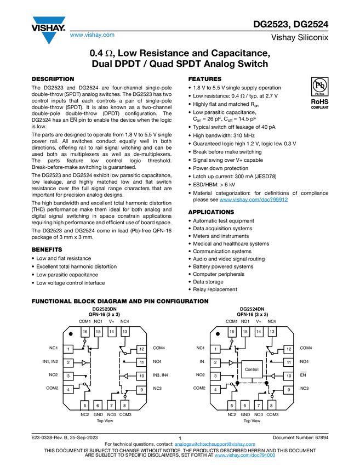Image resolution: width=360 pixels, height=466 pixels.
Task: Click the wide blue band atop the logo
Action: point(49,20)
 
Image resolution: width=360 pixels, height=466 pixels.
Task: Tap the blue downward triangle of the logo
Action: point(49,37)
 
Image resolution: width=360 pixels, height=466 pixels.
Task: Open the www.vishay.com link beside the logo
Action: point(92,35)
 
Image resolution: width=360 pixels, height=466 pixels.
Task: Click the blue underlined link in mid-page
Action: point(254,200)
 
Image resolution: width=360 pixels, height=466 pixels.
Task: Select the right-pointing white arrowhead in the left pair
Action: point(84,363)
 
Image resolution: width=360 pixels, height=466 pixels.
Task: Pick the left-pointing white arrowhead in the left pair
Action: point(125,376)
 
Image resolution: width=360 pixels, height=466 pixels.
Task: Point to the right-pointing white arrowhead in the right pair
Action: point(231,363)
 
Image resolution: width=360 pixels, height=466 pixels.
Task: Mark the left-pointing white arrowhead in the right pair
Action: point(272,376)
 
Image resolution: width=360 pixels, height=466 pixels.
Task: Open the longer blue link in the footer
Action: point(215,444)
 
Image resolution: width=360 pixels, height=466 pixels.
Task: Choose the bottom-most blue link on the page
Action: point(244,456)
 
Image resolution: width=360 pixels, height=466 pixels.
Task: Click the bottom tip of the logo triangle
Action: point(49,45)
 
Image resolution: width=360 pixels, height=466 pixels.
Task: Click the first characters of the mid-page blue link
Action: point(222,200)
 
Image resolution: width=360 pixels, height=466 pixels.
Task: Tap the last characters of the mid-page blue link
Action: point(285,200)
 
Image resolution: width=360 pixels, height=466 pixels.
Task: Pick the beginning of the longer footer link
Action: point(177,444)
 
